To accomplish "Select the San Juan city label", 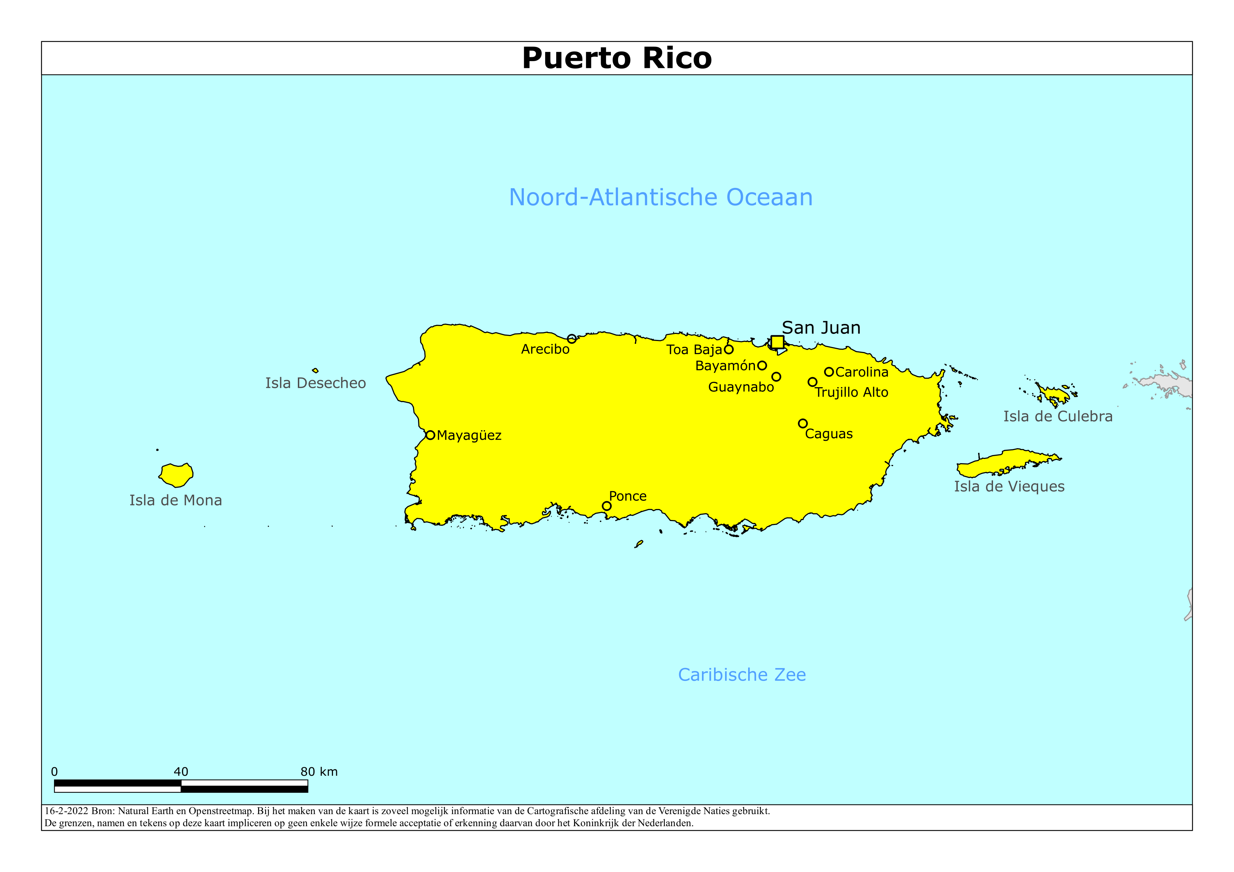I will click(821, 328).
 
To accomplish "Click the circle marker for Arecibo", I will click(572, 339).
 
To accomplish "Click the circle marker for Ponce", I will click(606, 506).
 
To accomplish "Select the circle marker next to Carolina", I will click(829, 372).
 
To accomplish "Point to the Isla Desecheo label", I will click(316, 384).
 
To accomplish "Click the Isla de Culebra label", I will click(1058, 416).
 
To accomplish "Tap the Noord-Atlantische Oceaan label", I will click(660, 198).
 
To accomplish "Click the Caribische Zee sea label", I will click(742, 675).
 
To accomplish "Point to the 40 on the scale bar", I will click(181, 772).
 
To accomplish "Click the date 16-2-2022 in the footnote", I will click(66, 811).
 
